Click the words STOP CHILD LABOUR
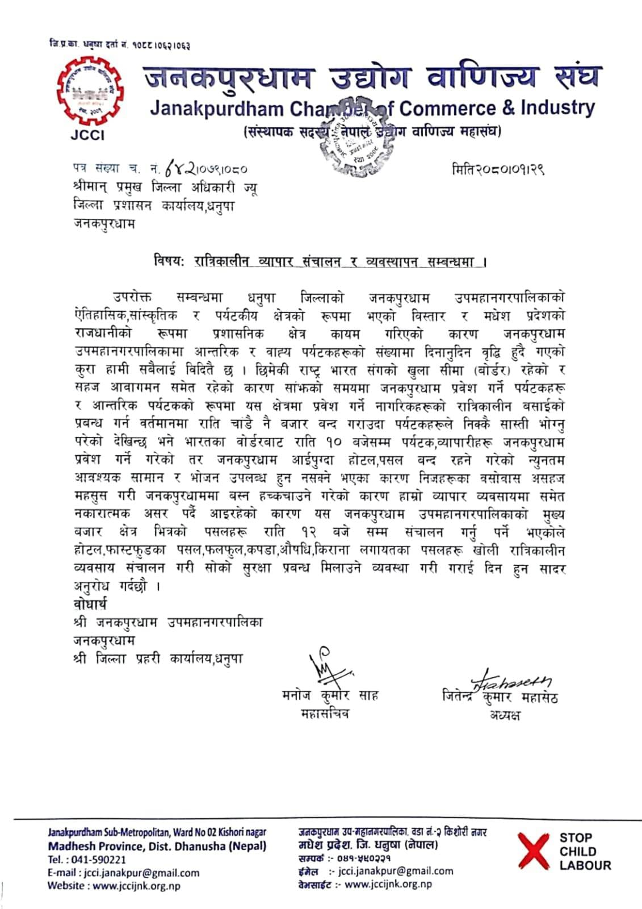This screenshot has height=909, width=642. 585,852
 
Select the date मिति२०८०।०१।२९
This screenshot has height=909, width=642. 498,169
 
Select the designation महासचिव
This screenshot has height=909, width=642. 325,714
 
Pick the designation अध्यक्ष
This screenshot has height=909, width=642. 505,715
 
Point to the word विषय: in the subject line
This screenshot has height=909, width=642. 169,262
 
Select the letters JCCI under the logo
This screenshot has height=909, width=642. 87,135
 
